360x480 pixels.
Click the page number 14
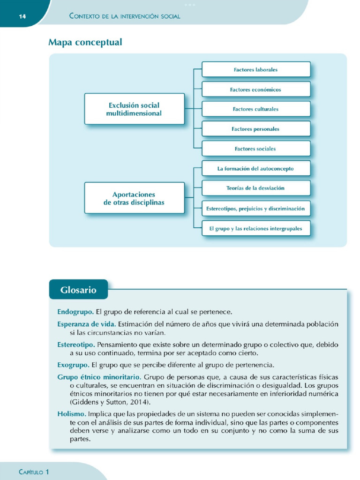point(22,16)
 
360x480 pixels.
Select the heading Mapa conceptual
point(85,43)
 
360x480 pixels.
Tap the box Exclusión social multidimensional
point(134,109)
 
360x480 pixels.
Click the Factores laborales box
point(256,69)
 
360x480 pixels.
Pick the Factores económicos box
point(256,89)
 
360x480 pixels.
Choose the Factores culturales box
point(256,109)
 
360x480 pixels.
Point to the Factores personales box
point(256,129)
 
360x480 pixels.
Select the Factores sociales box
point(256,149)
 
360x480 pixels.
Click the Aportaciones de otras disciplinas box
point(134,198)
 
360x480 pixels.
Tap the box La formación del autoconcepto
point(256,168)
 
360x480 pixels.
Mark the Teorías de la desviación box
point(256,188)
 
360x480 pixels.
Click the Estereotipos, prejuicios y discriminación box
point(256,208)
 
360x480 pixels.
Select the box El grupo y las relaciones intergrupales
point(256,229)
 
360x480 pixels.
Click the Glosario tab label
point(78,290)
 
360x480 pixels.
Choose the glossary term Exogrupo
point(73,365)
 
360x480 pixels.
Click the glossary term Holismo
point(72,414)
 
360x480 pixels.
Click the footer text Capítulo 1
point(34,472)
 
